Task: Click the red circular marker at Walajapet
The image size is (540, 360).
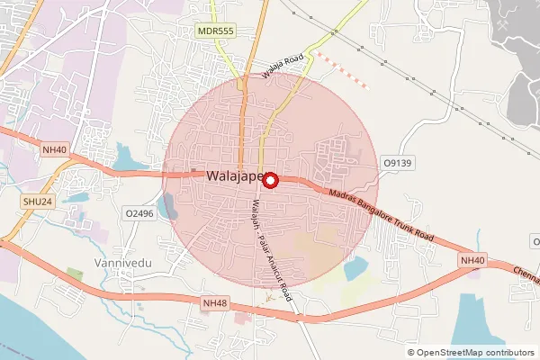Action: pos(271,179)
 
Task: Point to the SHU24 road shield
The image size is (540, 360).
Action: pos(40,202)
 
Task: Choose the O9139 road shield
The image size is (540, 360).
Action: pos(397,163)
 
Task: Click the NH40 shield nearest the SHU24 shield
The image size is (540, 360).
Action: pos(53,149)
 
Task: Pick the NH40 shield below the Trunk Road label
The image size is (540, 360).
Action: pos(472,261)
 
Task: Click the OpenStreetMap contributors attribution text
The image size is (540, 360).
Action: pos(476,352)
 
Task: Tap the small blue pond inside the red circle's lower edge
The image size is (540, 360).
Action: pos(355,267)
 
